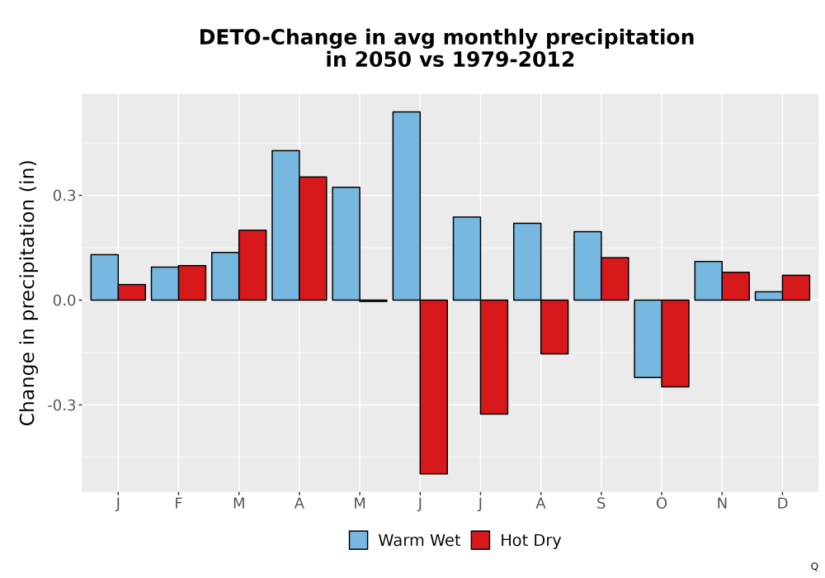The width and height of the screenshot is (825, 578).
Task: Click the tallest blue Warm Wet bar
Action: (406, 206)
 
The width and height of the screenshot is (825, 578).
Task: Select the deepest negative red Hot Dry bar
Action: (434, 387)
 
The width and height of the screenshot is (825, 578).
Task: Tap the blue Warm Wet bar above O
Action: (648, 339)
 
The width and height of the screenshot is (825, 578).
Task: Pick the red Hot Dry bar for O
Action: (675, 343)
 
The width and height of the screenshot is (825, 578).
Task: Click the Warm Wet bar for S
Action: (587, 266)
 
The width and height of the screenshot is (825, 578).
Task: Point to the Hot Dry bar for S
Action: (615, 279)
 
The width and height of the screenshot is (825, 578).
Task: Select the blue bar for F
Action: (165, 284)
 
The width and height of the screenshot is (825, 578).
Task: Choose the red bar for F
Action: (192, 282)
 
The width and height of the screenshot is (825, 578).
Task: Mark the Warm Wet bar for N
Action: (708, 281)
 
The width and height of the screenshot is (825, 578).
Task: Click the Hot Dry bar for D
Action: (796, 287)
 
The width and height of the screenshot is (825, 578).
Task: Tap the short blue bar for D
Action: (769, 296)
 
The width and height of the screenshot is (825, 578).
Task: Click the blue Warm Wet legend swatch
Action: (358, 540)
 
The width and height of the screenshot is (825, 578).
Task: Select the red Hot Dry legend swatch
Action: (480, 540)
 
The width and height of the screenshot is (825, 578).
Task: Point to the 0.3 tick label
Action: (64, 196)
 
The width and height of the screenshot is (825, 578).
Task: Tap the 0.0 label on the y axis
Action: (64, 301)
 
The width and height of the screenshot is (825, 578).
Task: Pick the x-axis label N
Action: (722, 504)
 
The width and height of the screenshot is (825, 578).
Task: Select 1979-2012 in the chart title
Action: (513, 59)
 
